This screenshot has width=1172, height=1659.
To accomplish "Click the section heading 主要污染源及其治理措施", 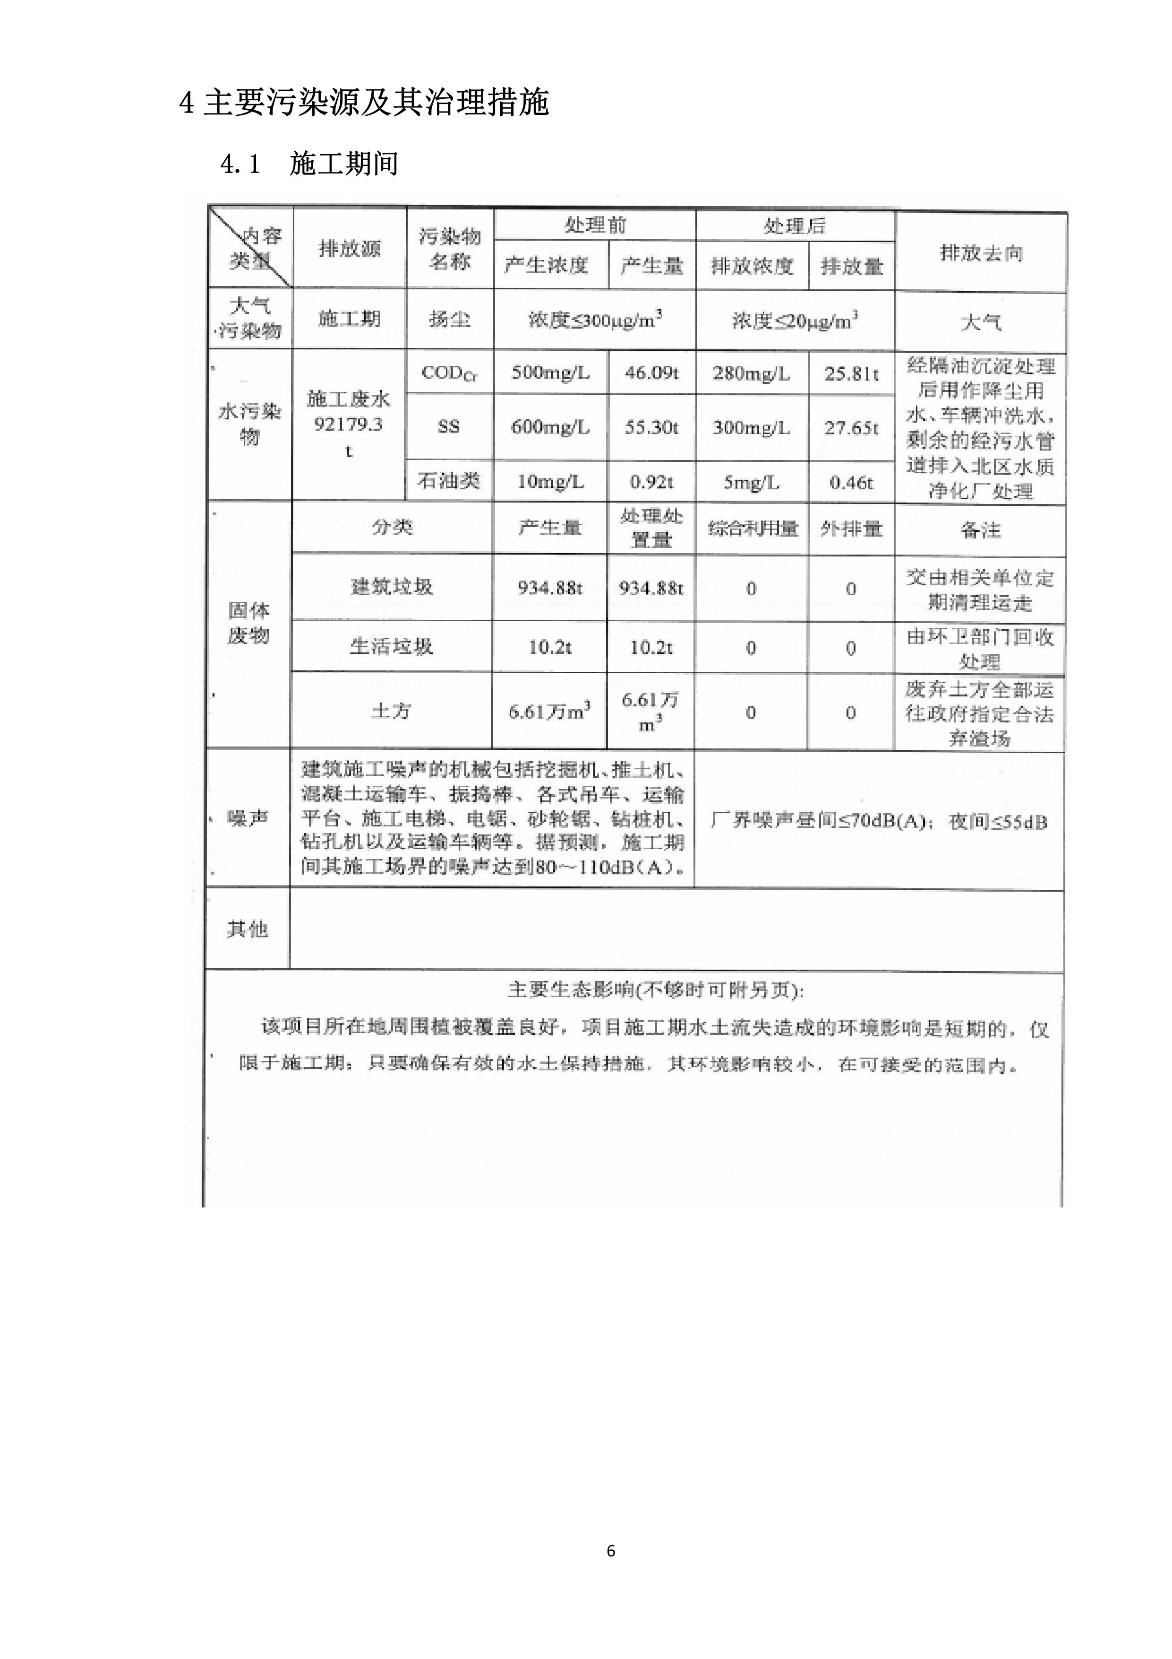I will click(376, 103).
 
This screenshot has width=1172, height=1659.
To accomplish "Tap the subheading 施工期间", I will click(344, 164).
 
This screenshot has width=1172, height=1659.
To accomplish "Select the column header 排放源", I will click(350, 249).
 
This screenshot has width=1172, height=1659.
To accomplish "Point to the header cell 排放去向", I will click(981, 253).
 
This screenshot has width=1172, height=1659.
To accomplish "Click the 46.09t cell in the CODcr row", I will click(651, 373).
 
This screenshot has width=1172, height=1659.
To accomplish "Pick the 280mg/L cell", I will click(751, 373).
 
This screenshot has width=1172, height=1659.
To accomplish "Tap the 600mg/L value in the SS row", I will click(550, 427).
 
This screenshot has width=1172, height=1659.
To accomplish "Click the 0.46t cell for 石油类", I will click(851, 482).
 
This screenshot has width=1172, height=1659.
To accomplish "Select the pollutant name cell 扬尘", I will click(449, 319).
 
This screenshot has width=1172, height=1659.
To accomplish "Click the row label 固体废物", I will click(248, 623).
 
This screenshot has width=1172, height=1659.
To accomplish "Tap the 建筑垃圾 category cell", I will click(392, 587).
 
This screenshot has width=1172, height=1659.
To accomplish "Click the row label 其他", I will click(248, 929).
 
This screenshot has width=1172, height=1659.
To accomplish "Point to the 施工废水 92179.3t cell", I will click(349, 424).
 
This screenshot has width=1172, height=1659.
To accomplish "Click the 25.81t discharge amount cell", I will click(851, 373).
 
